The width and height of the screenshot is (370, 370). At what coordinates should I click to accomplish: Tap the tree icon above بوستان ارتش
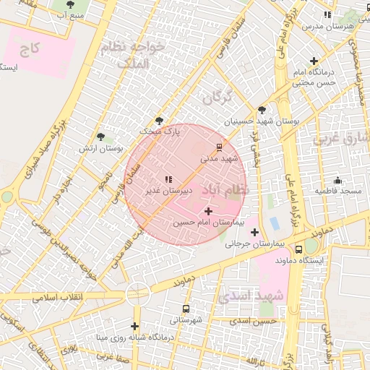(x=100, y=137)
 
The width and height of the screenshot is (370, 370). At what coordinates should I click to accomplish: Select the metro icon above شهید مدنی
(x=219, y=147)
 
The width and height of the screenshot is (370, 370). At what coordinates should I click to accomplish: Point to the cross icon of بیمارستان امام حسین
(x=209, y=211)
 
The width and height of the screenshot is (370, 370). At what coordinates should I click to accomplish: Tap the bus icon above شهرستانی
(x=186, y=309)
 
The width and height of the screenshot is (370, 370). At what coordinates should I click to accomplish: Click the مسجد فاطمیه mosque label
(x=337, y=191)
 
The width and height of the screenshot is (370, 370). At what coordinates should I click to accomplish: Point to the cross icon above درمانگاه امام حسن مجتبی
(x=314, y=61)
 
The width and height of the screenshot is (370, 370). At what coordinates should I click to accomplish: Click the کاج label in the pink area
(x=30, y=48)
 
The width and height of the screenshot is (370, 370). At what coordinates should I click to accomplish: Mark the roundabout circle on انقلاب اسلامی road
(x=137, y=293)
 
